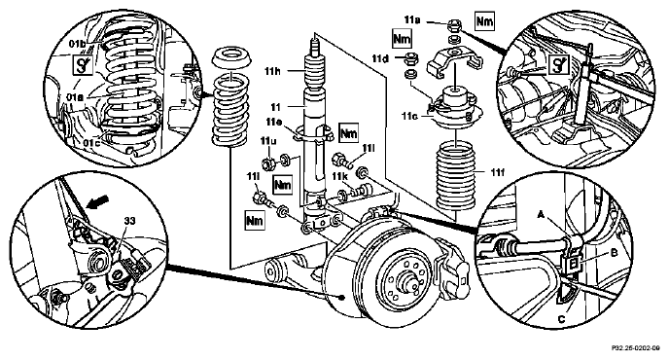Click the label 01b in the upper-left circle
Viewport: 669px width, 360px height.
click(x=77, y=44)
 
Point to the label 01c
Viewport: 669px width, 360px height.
click(x=91, y=143)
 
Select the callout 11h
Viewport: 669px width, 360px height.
click(x=272, y=71)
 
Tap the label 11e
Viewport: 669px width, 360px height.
click(x=273, y=123)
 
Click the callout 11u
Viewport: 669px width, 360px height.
click(x=268, y=141)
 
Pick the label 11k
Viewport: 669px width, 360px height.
click(x=340, y=176)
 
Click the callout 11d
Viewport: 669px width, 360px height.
click(x=380, y=58)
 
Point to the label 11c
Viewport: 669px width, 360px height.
click(x=409, y=116)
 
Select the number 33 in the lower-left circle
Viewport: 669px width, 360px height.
click(x=129, y=221)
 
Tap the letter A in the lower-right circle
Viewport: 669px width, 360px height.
click(x=541, y=216)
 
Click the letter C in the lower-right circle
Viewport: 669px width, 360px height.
click(x=561, y=319)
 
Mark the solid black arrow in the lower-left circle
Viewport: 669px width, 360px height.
click(x=97, y=201)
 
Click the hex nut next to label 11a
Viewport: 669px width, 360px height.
click(x=453, y=26)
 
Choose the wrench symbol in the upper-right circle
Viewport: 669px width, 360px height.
click(x=557, y=65)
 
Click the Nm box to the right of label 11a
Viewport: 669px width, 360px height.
click(x=484, y=21)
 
